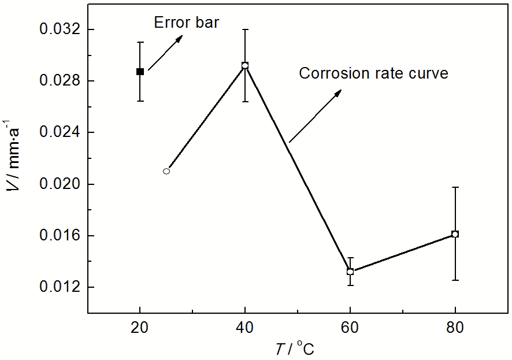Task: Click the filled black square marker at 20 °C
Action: (x=140, y=72)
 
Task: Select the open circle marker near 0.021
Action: (x=166, y=171)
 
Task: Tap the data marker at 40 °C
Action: (x=245, y=66)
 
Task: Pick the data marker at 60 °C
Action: (x=350, y=271)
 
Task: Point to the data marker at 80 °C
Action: (x=455, y=234)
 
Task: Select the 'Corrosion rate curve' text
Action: (x=373, y=74)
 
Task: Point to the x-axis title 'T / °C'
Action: (x=295, y=348)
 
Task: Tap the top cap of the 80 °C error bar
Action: (x=455, y=187)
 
